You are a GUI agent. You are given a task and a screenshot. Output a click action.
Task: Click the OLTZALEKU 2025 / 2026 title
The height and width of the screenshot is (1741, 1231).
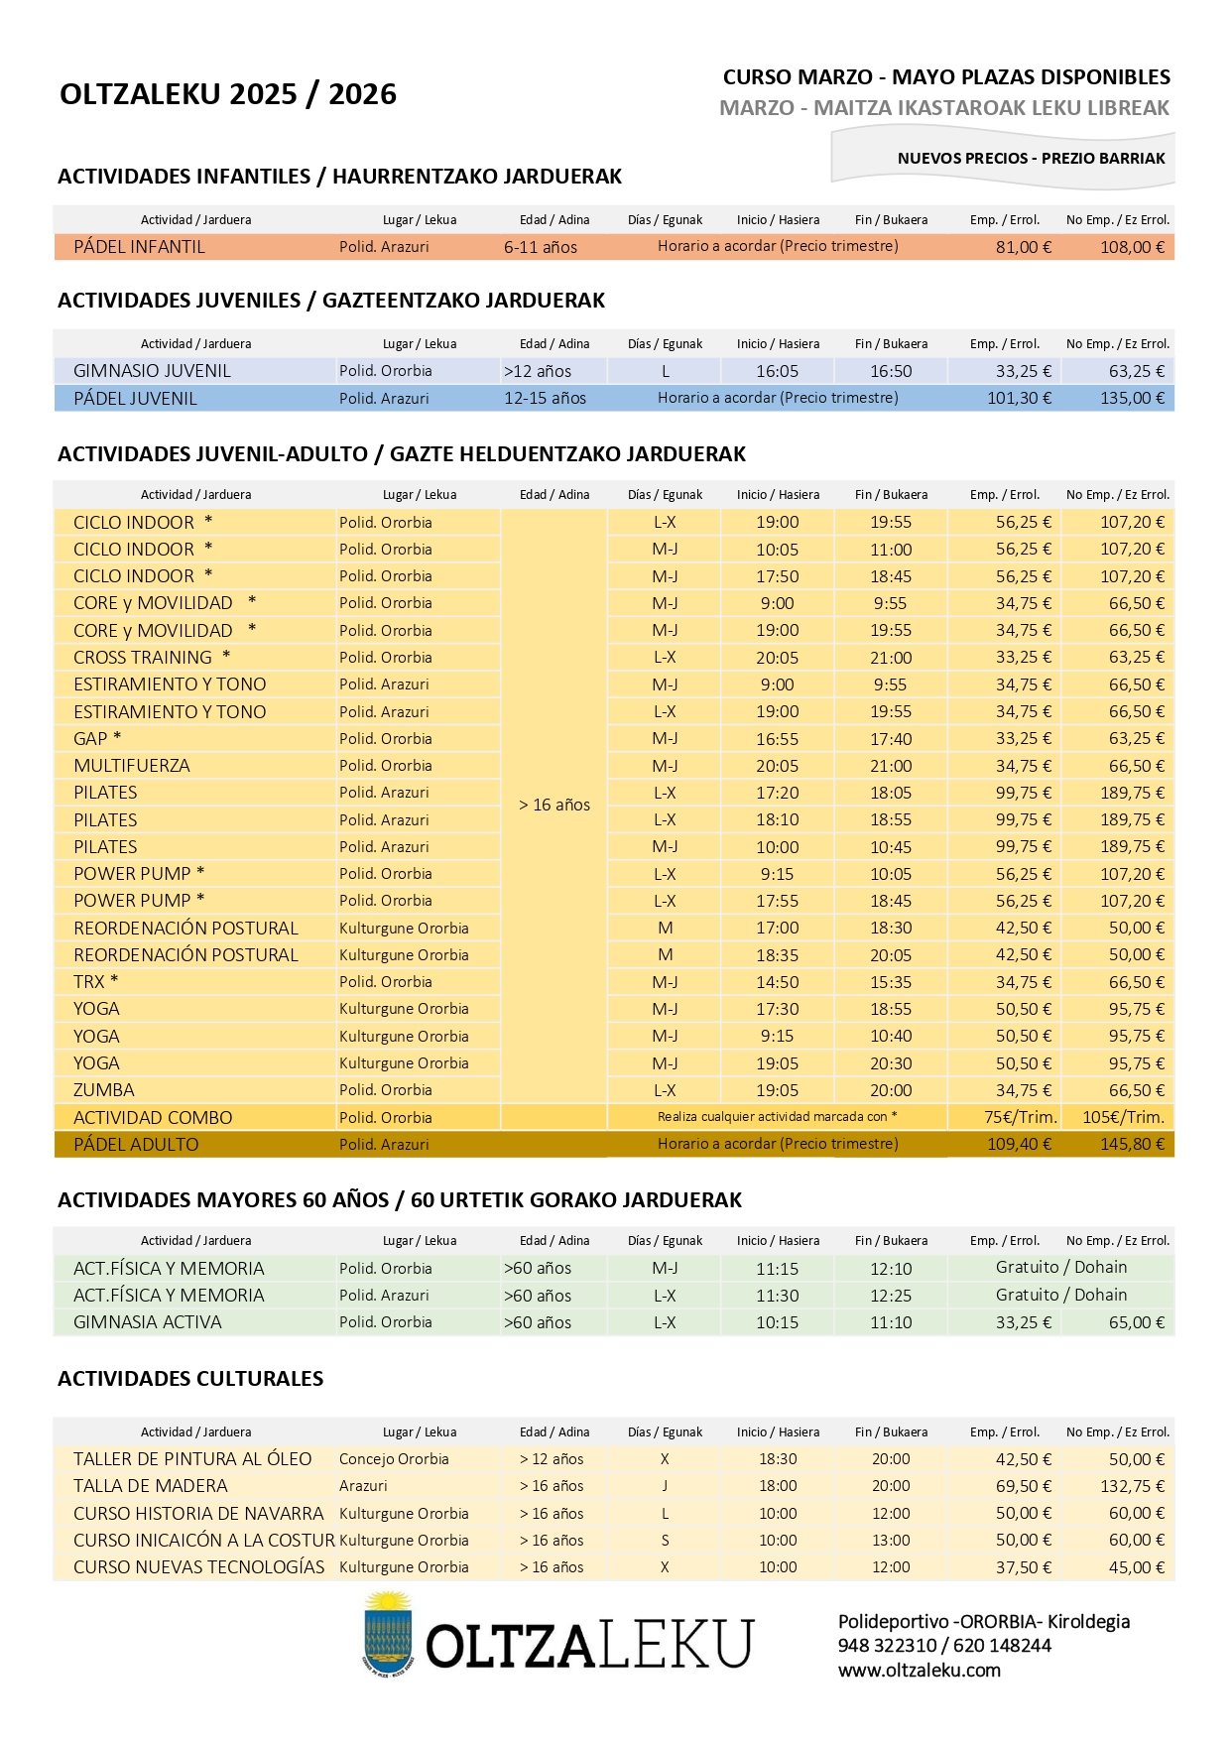[x=228, y=94]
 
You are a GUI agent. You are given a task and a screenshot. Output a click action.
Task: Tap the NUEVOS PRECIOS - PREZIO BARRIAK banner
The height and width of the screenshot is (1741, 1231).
[x=1031, y=159]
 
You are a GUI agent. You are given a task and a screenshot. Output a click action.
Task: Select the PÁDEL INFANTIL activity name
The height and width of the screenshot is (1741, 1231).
[x=139, y=247]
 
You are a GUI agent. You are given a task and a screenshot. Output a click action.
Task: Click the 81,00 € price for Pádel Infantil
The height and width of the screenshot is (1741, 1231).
[x=1023, y=247]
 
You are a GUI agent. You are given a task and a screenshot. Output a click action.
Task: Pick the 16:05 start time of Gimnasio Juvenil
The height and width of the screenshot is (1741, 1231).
[x=777, y=371]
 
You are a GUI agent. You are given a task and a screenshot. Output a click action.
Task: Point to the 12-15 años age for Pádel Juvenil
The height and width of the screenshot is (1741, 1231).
[x=545, y=398]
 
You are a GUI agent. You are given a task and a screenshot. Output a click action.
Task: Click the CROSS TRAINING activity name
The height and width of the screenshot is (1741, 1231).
[x=143, y=658]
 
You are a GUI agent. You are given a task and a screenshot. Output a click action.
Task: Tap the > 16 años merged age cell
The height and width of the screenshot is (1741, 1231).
[x=554, y=805]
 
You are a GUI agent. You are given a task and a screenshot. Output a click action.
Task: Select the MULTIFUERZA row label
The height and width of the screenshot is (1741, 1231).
[x=131, y=766]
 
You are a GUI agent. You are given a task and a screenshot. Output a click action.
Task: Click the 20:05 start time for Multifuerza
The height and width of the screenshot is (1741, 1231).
[x=777, y=766]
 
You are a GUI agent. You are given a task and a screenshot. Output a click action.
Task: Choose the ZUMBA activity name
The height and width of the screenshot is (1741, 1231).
[x=103, y=1090]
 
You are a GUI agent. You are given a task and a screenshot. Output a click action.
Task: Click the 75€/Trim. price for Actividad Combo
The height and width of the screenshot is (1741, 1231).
[x=1020, y=1117]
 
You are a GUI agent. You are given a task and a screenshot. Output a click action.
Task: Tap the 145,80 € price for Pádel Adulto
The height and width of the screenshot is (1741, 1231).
[x=1132, y=1144]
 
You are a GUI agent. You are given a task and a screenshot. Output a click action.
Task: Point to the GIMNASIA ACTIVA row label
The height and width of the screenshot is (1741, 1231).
[x=147, y=1322]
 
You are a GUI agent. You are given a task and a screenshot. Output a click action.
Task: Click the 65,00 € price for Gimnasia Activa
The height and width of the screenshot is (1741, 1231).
[x=1136, y=1322]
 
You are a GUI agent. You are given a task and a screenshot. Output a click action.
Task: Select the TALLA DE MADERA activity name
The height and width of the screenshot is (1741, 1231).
[x=150, y=1486]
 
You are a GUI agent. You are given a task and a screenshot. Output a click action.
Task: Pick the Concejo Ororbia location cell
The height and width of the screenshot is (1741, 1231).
[x=394, y=1459]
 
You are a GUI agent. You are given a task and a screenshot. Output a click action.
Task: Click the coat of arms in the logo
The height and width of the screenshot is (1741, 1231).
[x=387, y=1634]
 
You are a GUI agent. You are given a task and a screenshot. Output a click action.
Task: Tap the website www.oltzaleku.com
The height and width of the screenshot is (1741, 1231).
[x=919, y=1670]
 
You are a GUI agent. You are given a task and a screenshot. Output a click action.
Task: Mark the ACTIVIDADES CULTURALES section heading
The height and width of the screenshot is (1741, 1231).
[x=190, y=1379]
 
